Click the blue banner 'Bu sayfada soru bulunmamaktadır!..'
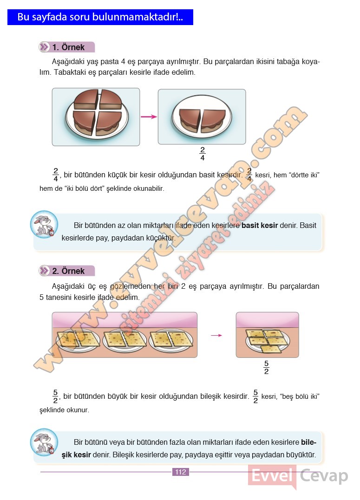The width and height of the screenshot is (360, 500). [100, 17]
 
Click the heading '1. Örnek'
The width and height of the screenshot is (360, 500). [68, 47]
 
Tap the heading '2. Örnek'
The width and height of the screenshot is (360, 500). [68, 271]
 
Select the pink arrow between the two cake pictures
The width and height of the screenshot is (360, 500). [149, 117]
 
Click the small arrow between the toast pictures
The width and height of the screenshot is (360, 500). [216, 335]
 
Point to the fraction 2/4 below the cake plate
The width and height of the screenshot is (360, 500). [203, 154]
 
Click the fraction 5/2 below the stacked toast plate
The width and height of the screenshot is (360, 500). [267, 367]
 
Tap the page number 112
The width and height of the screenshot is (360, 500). [181, 472]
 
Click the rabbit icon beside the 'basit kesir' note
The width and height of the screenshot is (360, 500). [44, 224]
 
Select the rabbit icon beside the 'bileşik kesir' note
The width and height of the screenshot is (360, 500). [44, 442]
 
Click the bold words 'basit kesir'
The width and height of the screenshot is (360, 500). [260, 226]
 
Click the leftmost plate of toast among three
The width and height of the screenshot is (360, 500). [78, 340]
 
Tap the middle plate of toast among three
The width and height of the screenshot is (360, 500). [125, 340]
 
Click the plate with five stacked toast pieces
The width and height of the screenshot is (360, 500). [268, 341]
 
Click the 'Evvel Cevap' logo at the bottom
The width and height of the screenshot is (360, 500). [298, 476]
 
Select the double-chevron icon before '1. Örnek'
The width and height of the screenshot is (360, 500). [44, 47]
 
